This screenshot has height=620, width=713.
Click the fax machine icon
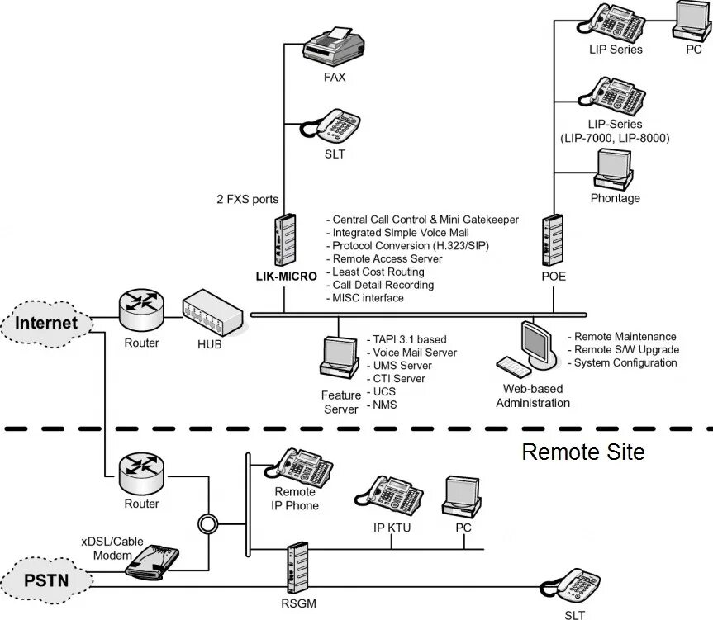coord(333,46)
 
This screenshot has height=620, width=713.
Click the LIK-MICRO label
coord(287,277)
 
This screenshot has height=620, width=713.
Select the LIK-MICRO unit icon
coord(285,239)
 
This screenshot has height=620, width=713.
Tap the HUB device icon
coord(213,313)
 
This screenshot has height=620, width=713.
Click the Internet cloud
coord(46,324)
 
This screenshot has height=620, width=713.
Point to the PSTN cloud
coord(46,580)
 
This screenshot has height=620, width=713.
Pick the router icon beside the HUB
coord(141,310)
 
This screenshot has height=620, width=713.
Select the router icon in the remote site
coord(141,472)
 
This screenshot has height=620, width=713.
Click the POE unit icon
coord(553,239)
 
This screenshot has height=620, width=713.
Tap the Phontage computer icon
coord(613,169)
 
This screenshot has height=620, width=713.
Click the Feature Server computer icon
coord(340,357)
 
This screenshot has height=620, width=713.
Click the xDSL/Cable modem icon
coord(152,562)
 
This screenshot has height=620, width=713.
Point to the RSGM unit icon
coord(298,568)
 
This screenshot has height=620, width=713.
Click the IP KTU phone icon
coord(389,496)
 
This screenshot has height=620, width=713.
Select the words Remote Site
coord(583,452)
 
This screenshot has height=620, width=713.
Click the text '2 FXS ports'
coord(247,200)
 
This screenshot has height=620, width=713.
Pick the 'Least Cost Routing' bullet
coord(376,272)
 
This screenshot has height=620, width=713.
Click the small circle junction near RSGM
coord(208,524)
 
